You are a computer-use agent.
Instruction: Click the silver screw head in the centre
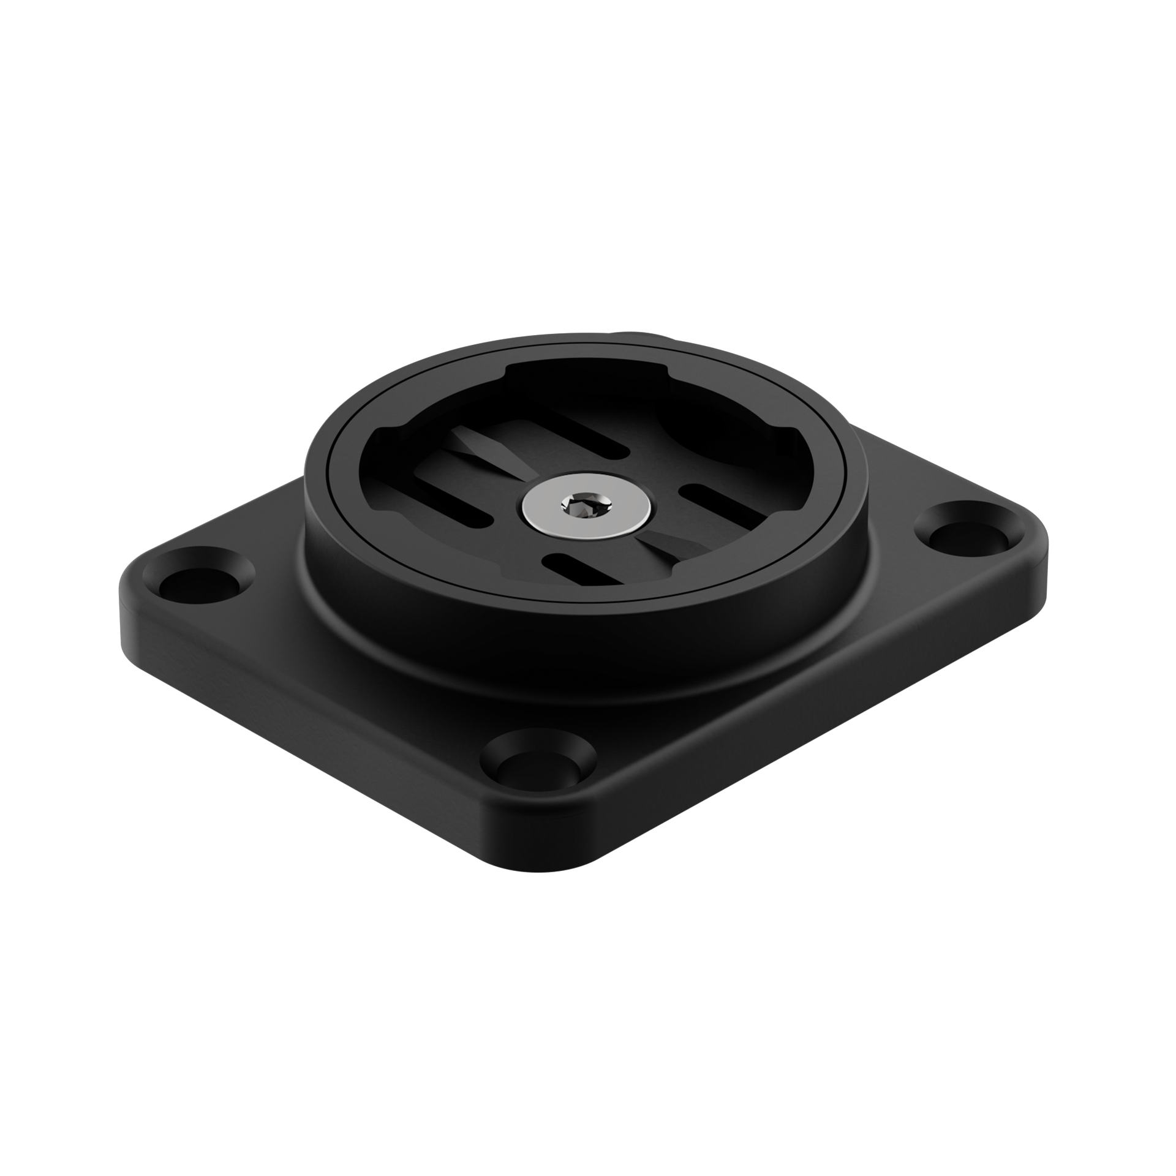click(x=587, y=505)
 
